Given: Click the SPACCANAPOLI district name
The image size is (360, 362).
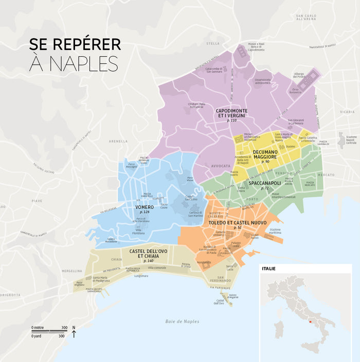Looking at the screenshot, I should [x=265, y=183].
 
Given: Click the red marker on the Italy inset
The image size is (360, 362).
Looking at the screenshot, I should [x=310, y=322].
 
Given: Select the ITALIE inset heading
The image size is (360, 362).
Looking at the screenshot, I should [x=269, y=269].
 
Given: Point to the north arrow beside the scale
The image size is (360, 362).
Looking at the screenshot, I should [x=74, y=334].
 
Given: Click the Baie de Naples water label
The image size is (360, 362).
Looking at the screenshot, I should [x=182, y=321].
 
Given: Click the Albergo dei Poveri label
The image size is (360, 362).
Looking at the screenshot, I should [x=299, y=76].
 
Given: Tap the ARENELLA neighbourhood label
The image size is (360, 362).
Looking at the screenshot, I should [x=118, y=141].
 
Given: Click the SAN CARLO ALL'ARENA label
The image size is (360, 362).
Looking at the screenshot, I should [x=306, y=19].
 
